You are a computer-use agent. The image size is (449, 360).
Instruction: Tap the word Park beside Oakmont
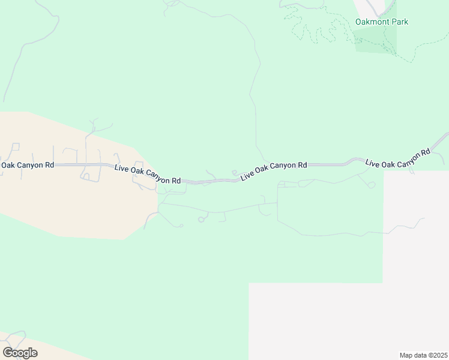[400, 22]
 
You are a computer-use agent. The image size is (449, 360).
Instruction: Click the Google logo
[20, 352]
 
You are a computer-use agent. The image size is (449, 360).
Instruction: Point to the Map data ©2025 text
[424, 355]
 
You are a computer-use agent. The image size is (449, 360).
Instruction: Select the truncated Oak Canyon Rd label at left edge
[28, 164]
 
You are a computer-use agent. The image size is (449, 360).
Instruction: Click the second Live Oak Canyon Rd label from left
[148, 174]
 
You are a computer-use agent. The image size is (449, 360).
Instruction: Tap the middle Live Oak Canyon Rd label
[274, 170]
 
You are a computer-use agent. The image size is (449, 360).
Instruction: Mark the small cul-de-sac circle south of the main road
[201, 220]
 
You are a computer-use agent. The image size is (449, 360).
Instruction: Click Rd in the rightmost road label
[425, 152]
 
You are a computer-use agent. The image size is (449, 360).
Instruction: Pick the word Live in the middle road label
[247, 176]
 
